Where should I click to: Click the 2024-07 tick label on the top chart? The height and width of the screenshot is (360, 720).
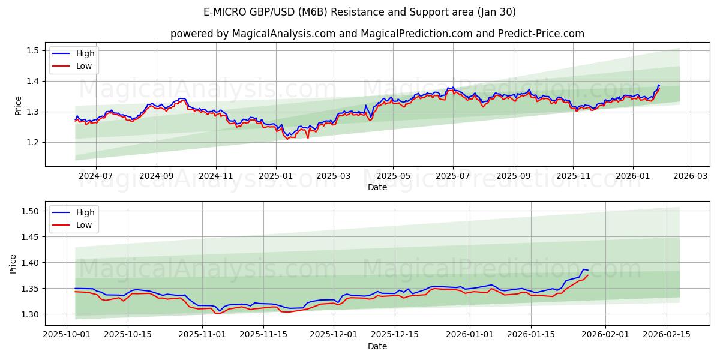pyautogui.click(x=96, y=176)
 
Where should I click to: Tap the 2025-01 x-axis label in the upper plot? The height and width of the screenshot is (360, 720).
pyautogui.click(x=275, y=176)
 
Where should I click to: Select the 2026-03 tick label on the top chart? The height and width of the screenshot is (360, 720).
pyautogui.click(x=690, y=176)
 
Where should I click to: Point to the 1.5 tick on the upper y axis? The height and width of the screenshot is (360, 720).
pyautogui.click(x=34, y=50)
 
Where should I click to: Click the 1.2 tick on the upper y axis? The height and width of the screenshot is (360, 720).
pyautogui.click(x=34, y=142)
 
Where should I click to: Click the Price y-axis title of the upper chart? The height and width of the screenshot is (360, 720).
pyautogui.click(x=18, y=106)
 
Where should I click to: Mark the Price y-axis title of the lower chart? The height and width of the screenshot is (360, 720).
pyautogui.click(x=13, y=263)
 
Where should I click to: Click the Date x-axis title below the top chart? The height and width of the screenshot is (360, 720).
pyautogui.click(x=377, y=187)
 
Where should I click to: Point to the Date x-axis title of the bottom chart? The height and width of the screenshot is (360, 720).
pyautogui.click(x=377, y=346)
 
